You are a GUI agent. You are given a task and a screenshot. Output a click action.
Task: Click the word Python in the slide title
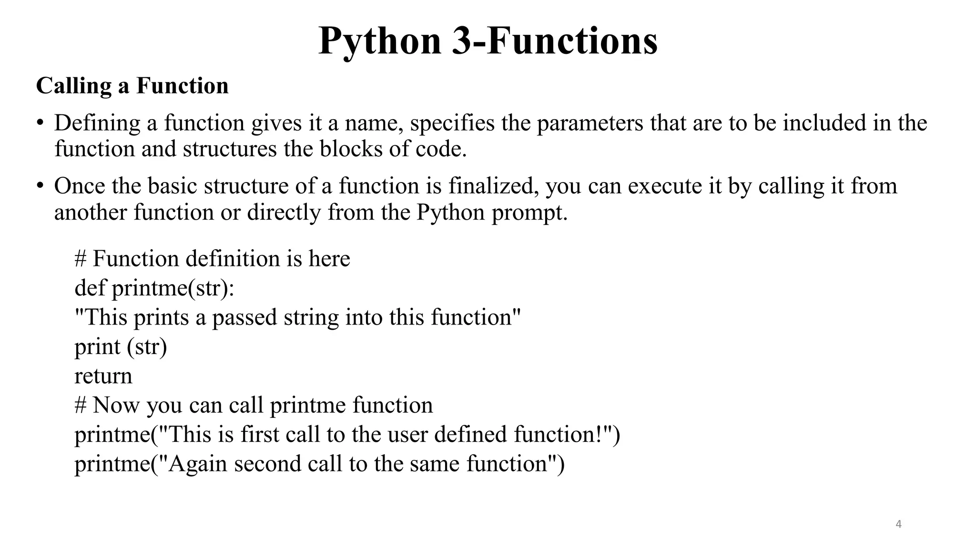379,42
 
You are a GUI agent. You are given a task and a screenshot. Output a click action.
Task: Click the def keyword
90,288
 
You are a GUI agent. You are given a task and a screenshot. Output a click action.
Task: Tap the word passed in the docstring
244,317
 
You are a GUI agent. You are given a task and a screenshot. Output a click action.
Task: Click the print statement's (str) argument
147,347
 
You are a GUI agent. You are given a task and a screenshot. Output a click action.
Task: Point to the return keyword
103,376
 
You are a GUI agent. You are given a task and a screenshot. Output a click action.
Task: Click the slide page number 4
898,525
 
